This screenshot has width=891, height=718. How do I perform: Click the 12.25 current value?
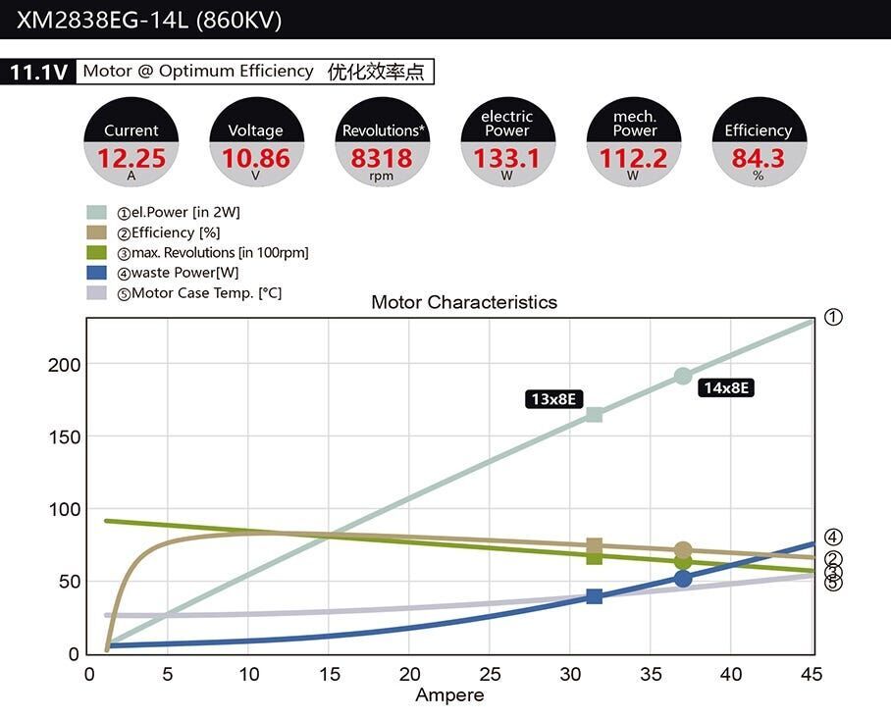(x=131, y=158)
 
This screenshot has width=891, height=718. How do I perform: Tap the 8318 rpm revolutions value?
(x=382, y=158)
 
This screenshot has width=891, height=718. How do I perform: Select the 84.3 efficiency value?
(x=758, y=158)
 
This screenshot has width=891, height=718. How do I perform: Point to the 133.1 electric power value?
(x=507, y=158)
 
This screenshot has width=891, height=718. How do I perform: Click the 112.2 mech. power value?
(x=633, y=158)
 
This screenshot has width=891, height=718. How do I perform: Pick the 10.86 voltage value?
(x=256, y=158)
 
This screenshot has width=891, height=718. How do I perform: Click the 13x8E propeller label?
(x=554, y=399)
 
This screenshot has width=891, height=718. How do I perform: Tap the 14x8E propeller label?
(x=726, y=387)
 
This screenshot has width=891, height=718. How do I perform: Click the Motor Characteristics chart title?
(x=463, y=302)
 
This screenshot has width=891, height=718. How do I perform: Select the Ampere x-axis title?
(x=449, y=695)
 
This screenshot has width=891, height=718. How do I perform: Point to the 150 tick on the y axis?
(x=64, y=436)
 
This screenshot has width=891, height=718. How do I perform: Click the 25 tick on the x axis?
(x=490, y=675)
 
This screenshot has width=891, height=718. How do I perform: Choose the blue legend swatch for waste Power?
(x=96, y=273)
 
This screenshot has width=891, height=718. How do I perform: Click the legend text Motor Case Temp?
(x=206, y=293)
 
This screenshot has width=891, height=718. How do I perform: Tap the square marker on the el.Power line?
(x=594, y=414)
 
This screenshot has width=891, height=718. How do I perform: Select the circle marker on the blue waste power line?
(x=683, y=579)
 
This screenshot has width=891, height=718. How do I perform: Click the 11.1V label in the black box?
(x=37, y=73)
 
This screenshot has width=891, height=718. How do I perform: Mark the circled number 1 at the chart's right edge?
(x=833, y=317)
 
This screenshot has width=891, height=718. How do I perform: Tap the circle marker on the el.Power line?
(x=683, y=377)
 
